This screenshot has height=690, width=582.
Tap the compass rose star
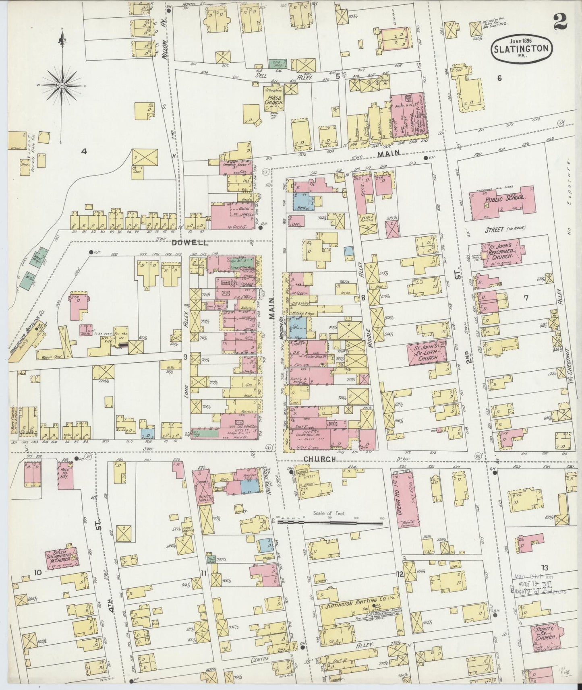pos(62,85)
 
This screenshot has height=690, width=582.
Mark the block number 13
pos(545,568)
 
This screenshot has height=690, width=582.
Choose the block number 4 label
pos(84,151)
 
